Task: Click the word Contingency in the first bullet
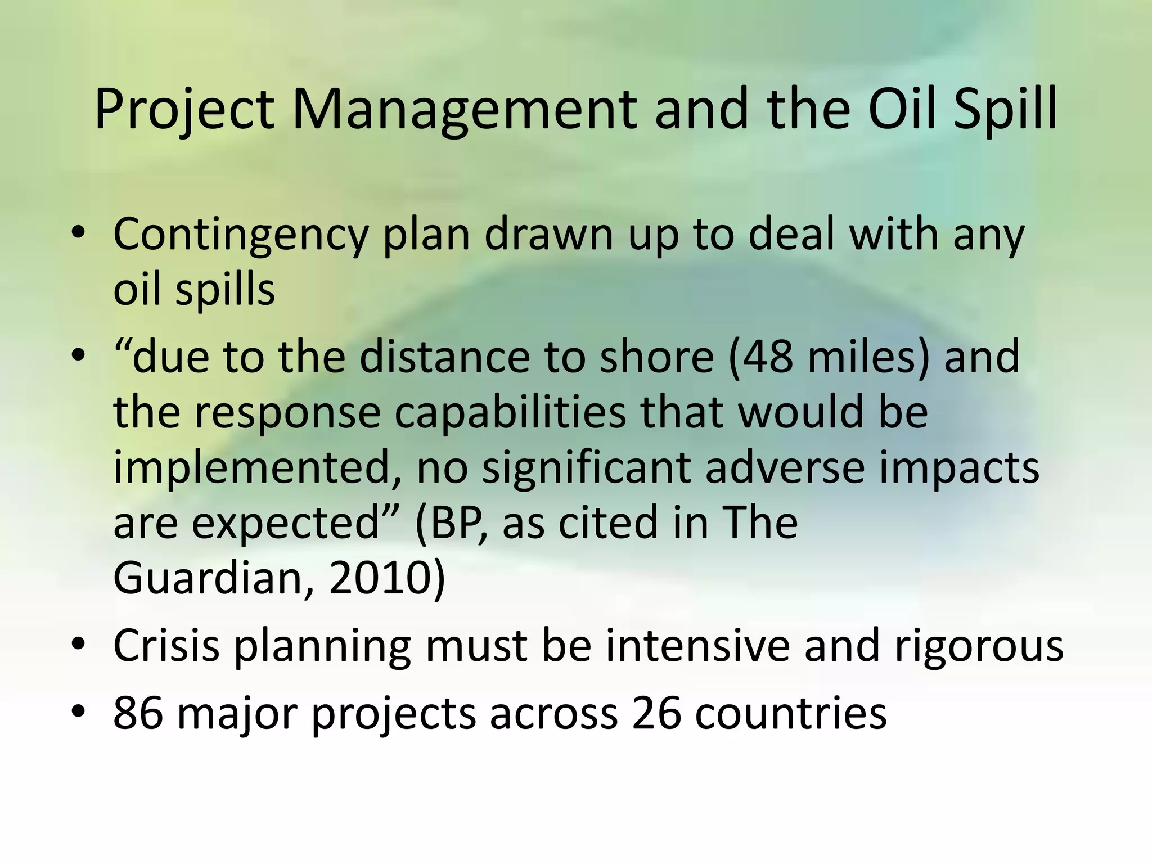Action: click(x=240, y=235)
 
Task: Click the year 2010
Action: click(x=380, y=578)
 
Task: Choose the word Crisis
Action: click(x=166, y=646)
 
